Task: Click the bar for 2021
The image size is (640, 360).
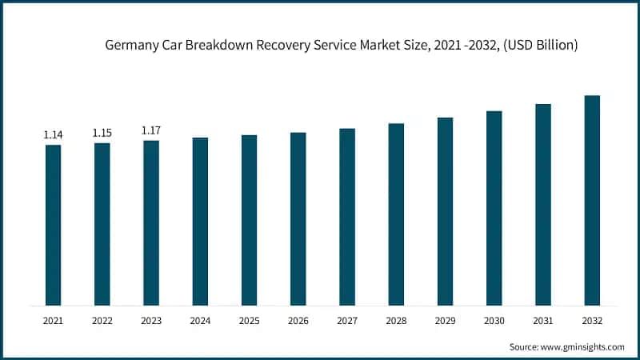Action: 53,225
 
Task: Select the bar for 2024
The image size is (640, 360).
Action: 200,221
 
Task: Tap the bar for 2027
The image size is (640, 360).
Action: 347,216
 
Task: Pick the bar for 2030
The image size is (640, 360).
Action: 494,208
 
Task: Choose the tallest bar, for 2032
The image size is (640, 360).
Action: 592,200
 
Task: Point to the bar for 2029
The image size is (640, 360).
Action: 445,211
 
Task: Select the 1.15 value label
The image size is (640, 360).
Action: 102,133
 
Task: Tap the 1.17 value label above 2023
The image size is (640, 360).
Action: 151,130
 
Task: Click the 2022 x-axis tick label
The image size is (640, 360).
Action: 102,320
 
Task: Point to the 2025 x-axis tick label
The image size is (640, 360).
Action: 249,320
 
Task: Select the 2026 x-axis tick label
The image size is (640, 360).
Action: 298,320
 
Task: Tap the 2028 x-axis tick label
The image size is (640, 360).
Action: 396,320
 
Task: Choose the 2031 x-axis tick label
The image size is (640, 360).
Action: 543,320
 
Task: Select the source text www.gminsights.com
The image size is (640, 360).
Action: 583,347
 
